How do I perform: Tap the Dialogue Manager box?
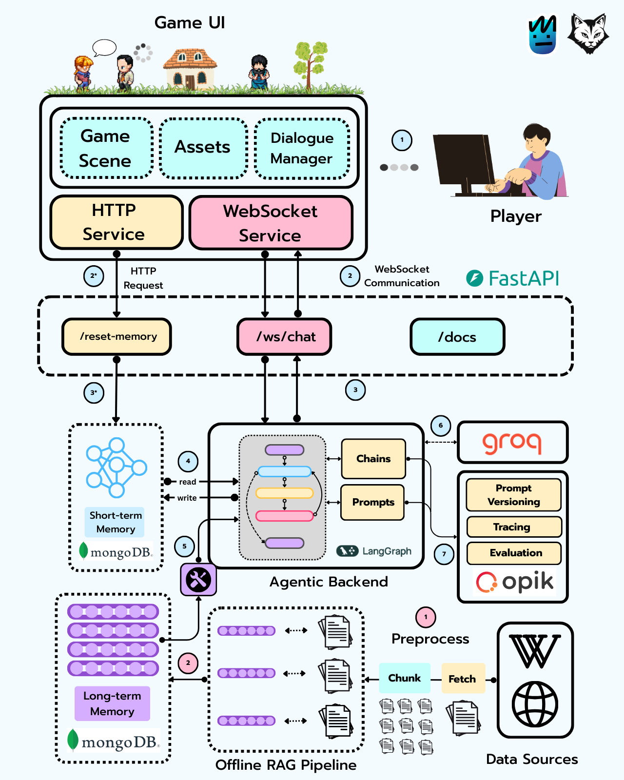point(302,148)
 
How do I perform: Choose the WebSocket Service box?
point(271,223)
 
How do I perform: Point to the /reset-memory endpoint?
point(117,336)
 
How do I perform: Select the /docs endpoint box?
point(457,337)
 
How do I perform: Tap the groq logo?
point(512,442)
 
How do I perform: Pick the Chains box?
point(373,459)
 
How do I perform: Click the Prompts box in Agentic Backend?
point(373,502)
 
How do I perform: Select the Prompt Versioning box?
point(514,495)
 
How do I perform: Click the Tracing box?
point(514,527)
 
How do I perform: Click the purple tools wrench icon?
point(198,579)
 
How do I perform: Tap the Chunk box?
point(405,678)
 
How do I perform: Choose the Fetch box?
point(463,679)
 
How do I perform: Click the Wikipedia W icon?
point(535,651)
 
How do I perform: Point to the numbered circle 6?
point(441,426)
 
